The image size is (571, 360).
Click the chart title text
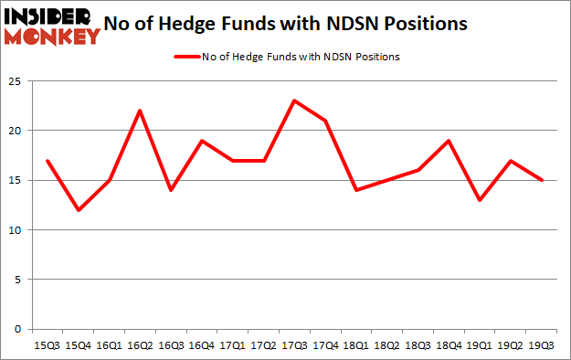click(x=291, y=23)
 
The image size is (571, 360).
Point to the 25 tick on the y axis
click(x=15, y=81)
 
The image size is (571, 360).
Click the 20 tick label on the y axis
click(x=15, y=131)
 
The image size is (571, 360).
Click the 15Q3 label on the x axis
click(x=47, y=346)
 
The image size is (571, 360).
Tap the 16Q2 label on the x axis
click(x=138, y=346)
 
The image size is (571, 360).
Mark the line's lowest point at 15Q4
click(x=78, y=210)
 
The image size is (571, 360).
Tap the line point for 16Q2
click(x=138, y=111)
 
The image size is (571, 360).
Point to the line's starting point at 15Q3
click(x=47, y=160)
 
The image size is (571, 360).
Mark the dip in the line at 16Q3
click(x=169, y=190)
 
